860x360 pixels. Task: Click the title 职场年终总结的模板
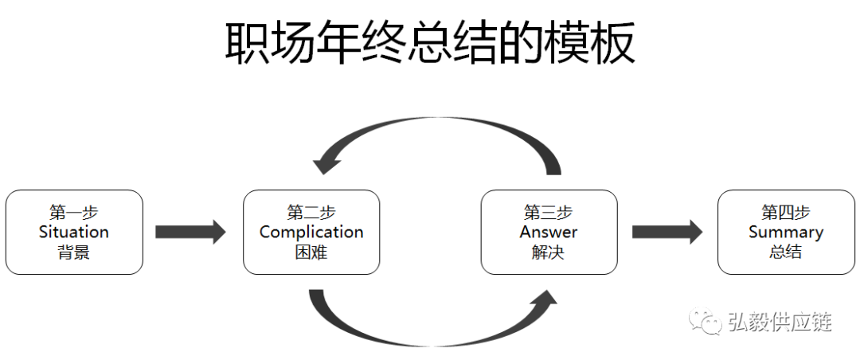(x=430, y=43)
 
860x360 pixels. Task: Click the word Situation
(x=74, y=232)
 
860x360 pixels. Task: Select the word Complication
(x=311, y=232)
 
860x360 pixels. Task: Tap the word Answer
(x=549, y=232)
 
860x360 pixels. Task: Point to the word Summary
(x=786, y=232)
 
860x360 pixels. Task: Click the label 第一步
(x=74, y=213)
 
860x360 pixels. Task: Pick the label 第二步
(x=311, y=213)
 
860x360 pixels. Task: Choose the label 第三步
(x=549, y=213)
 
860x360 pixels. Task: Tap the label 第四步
(x=786, y=213)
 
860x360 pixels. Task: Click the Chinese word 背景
(x=74, y=252)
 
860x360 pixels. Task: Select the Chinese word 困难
(x=311, y=252)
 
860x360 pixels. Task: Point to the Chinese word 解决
(x=549, y=252)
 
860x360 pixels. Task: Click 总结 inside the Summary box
(x=786, y=252)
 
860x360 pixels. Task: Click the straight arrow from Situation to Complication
(x=190, y=232)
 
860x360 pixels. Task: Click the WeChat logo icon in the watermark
(x=706, y=321)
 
